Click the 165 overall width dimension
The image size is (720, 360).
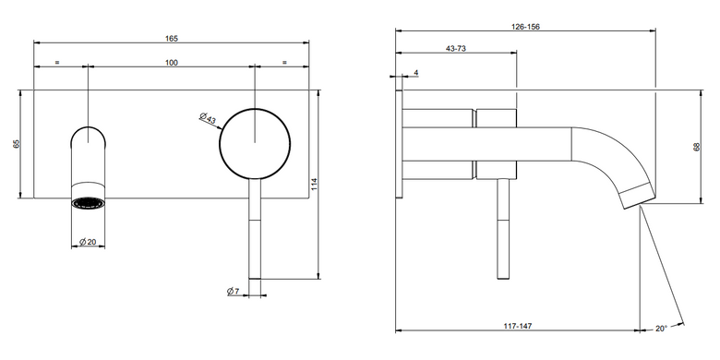[172, 39]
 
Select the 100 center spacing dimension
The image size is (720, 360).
[172, 63]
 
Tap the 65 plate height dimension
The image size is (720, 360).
[17, 144]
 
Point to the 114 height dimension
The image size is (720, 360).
[314, 184]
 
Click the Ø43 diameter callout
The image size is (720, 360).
[208, 118]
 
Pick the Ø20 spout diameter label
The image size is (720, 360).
[88, 242]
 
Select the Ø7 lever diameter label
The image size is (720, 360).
[234, 291]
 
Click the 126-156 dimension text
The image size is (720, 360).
[525, 27]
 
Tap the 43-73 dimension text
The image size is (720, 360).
[456, 49]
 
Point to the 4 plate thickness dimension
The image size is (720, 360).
[415, 73]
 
